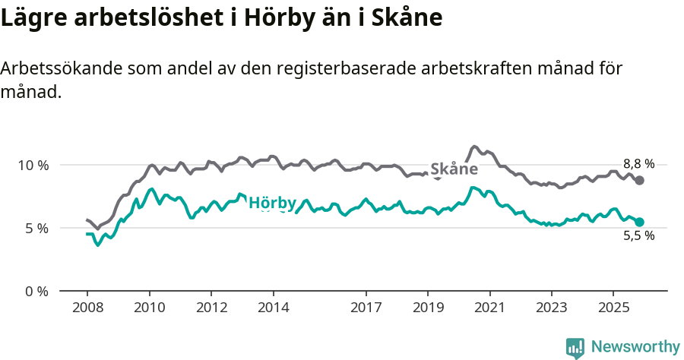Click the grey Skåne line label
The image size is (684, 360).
pos(454,169)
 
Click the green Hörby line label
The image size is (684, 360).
pos(272,203)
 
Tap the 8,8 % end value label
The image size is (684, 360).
pos(638,164)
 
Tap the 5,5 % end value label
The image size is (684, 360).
pos(638,235)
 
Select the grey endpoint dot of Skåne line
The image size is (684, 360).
pos(640,181)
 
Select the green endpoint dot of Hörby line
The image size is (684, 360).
pos(640,222)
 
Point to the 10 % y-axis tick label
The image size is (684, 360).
pos(33,165)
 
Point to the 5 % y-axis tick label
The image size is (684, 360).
pos(36,228)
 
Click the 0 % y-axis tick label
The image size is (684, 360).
pos(36,291)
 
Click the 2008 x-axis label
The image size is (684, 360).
pos(87,309)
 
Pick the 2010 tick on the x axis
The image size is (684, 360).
pos(149,309)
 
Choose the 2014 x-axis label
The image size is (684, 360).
pos(273,309)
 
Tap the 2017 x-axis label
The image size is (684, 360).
pos(366,309)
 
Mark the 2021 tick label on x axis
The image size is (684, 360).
pos(489,309)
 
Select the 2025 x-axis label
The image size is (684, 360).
pos(613,309)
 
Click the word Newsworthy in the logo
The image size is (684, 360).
pos(635,347)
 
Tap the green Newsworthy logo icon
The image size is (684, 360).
pos(575,348)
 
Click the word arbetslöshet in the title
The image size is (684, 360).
pos(141,17)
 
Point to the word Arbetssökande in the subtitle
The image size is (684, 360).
pos(57,68)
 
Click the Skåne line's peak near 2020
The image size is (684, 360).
pos(474,147)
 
